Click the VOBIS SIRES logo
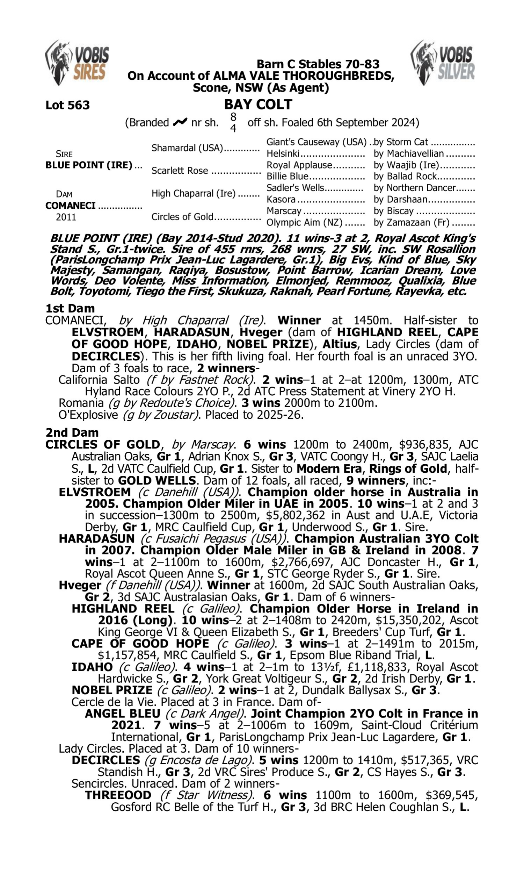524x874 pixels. [x=77, y=63]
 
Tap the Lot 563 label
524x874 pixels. [x=67, y=105]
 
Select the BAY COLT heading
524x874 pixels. [x=258, y=105]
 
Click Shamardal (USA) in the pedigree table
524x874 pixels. [x=187, y=148]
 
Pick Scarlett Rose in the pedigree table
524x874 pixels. [x=179, y=171]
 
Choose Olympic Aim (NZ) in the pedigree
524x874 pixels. [x=304, y=223]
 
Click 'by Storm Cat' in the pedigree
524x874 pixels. [x=401, y=142]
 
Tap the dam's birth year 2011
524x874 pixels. [x=66, y=217]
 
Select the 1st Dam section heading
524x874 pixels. [x=70, y=308]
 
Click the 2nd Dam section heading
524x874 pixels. [x=72, y=432]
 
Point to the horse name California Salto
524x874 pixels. [x=99, y=380]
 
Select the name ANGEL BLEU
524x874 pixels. [x=123, y=714]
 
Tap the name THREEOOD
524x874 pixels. [x=118, y=795]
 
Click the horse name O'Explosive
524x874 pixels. [x=88, y=415]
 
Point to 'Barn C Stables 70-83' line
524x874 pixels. [x=318, y=64]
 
